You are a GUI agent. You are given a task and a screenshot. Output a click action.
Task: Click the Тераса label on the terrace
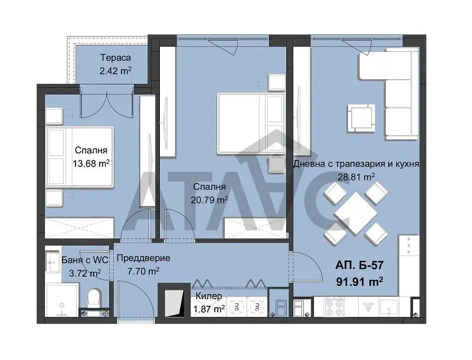click(x=115, y=57)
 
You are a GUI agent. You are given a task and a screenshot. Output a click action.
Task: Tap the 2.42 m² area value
click(x=115, y=71)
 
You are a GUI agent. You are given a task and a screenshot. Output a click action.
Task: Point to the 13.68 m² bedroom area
click(x=91, y=163)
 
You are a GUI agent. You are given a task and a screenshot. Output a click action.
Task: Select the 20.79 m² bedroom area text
click(x=209, y=199)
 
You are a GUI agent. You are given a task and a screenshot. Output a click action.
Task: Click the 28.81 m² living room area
click(x=356, y=176)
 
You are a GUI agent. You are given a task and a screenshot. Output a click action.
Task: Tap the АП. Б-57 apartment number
click(x=359, y=265)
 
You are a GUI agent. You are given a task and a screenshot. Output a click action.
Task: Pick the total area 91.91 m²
click(x=359, y=282)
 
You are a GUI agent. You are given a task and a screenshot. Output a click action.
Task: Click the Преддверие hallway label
click(x=143, y=258)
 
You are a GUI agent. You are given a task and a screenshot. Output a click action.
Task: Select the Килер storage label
click(x=209, y=296)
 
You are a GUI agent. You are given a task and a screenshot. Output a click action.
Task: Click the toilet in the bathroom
click(x=94, y=297)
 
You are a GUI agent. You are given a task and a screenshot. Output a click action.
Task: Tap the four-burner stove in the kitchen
click(x=334, y=307)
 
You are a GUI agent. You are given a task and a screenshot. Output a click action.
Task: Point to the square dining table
click(x=356, y=214)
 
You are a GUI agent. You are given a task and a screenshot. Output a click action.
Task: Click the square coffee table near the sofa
click(x=361, y=118)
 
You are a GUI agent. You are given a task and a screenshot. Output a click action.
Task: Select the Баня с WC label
click(x=84, y=260)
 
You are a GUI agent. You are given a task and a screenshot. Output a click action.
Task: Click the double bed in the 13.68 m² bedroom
click(x=80, y=157)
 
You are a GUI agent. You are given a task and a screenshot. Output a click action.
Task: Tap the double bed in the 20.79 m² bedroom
click(x=251, y=124)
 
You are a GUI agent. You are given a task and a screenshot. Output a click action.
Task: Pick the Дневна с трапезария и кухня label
click(x=356, y=163)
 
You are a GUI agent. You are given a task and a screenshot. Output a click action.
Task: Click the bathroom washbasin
click(x=53, y=262)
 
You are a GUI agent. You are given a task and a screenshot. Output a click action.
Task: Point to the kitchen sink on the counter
click(x=389, y=307)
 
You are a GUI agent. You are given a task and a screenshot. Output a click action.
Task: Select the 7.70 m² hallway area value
click(x=143, y=271)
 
